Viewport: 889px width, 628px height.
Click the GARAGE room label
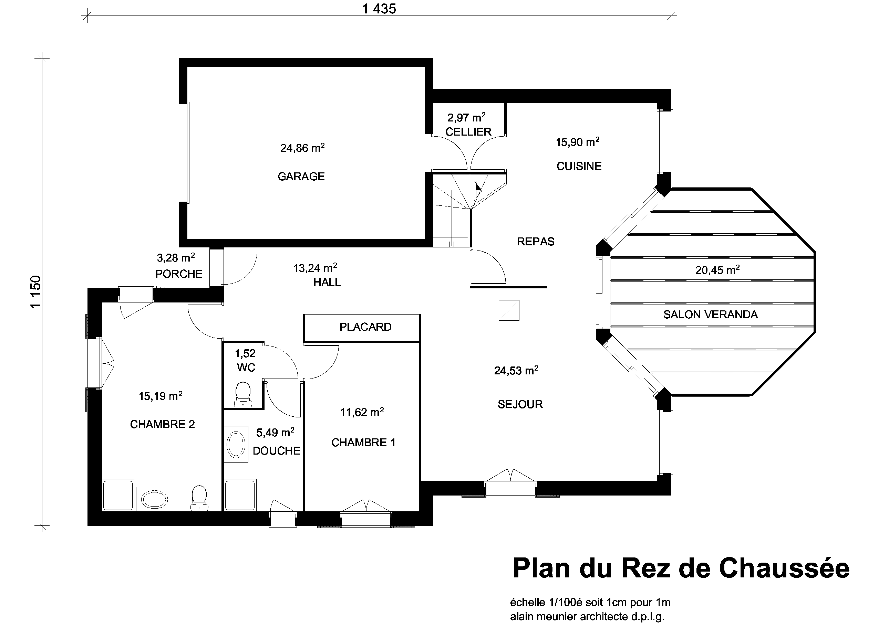pos(301,177)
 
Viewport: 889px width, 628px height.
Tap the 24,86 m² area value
pos(302,147)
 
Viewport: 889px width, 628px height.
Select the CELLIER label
pos(468,131)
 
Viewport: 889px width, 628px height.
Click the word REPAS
pos(536,242)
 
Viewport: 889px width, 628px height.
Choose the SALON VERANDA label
pos(711,314)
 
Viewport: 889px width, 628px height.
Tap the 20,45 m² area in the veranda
pos(717,269)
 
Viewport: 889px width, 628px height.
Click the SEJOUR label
pos(520,404)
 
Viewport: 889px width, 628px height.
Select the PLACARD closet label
pos(365,327)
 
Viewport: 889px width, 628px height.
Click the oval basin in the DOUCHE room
pos(236,445)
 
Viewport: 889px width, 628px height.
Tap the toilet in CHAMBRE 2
pos(199,498)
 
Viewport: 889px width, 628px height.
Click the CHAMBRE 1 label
pos(364,443)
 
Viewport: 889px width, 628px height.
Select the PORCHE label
pos(179,274)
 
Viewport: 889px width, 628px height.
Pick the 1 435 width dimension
pos(379,9)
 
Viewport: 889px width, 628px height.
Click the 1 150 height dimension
pos(35,292)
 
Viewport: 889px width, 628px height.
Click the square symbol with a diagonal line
pos(509,310)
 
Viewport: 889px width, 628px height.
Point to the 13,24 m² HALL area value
pos(315,267)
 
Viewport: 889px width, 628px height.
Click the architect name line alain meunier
pos(587,616)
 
